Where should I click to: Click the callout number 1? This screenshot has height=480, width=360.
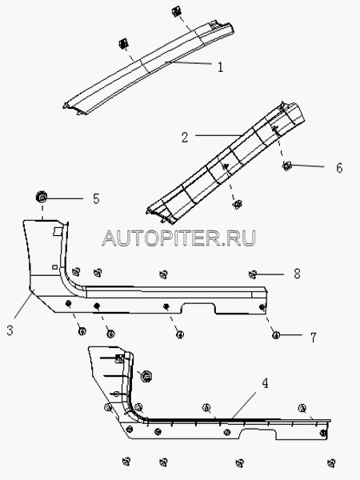click(220, 66)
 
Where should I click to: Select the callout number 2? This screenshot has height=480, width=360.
click(185, 138)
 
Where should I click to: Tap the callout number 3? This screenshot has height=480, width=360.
click(10, 330)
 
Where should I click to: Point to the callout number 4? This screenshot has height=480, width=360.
click(265, 383)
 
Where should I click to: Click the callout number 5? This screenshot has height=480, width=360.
click(96, 198)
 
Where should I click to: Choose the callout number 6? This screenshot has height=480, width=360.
click(339, 168)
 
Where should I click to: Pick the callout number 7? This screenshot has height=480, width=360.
click(313, 338)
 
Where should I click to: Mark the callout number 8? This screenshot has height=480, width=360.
click(297, 274)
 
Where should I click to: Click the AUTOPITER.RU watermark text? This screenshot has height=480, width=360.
click(179, 238)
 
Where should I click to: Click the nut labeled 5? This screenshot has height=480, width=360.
click(42, 197)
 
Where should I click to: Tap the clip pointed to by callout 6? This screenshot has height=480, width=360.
click(286, 166)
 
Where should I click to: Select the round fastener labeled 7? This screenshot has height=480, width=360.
click(276, 335)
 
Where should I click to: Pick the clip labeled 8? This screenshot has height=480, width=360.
click(253, 274)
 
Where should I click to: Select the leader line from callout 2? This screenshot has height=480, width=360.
click(218, 135)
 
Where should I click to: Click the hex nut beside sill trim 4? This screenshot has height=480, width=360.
click(146, 376)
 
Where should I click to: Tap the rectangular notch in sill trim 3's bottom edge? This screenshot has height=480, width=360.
click(199, 308)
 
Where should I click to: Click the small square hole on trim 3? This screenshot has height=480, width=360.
click(54, 267)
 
